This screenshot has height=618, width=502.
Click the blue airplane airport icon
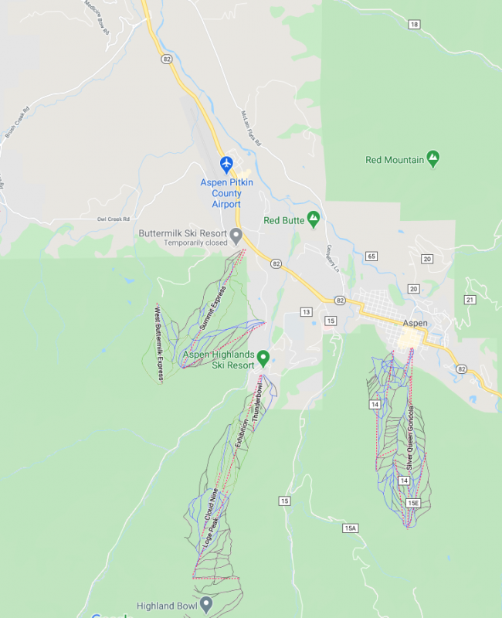point(226,164)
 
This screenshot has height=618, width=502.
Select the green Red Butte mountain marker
point(314,219)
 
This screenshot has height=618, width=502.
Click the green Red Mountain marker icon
point(433,159)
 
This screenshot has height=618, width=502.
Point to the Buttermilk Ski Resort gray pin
point(237,234)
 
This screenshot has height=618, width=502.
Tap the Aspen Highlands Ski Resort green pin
point(263,358)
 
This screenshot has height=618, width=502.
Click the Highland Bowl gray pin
point(205,604)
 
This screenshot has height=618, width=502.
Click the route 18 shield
point(415,25)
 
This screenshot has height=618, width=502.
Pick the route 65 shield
point(371,256)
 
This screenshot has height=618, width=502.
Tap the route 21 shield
point(469,299)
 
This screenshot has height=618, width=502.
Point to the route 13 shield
point(307,312)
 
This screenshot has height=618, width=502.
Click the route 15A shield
point(351,528)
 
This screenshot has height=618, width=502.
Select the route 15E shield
point(413,503)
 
